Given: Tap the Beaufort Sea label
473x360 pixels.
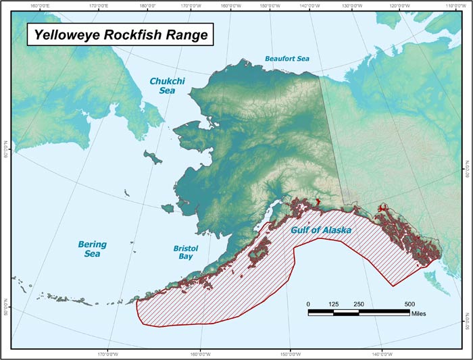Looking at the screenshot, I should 287,59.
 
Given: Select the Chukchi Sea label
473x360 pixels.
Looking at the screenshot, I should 167,85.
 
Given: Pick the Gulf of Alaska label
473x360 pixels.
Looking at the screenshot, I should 320,230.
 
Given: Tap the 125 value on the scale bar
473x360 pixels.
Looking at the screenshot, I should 333,304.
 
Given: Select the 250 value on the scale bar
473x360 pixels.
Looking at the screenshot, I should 359,304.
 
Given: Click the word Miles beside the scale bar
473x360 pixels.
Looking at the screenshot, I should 418,314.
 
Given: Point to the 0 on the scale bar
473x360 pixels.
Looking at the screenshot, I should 308,304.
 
